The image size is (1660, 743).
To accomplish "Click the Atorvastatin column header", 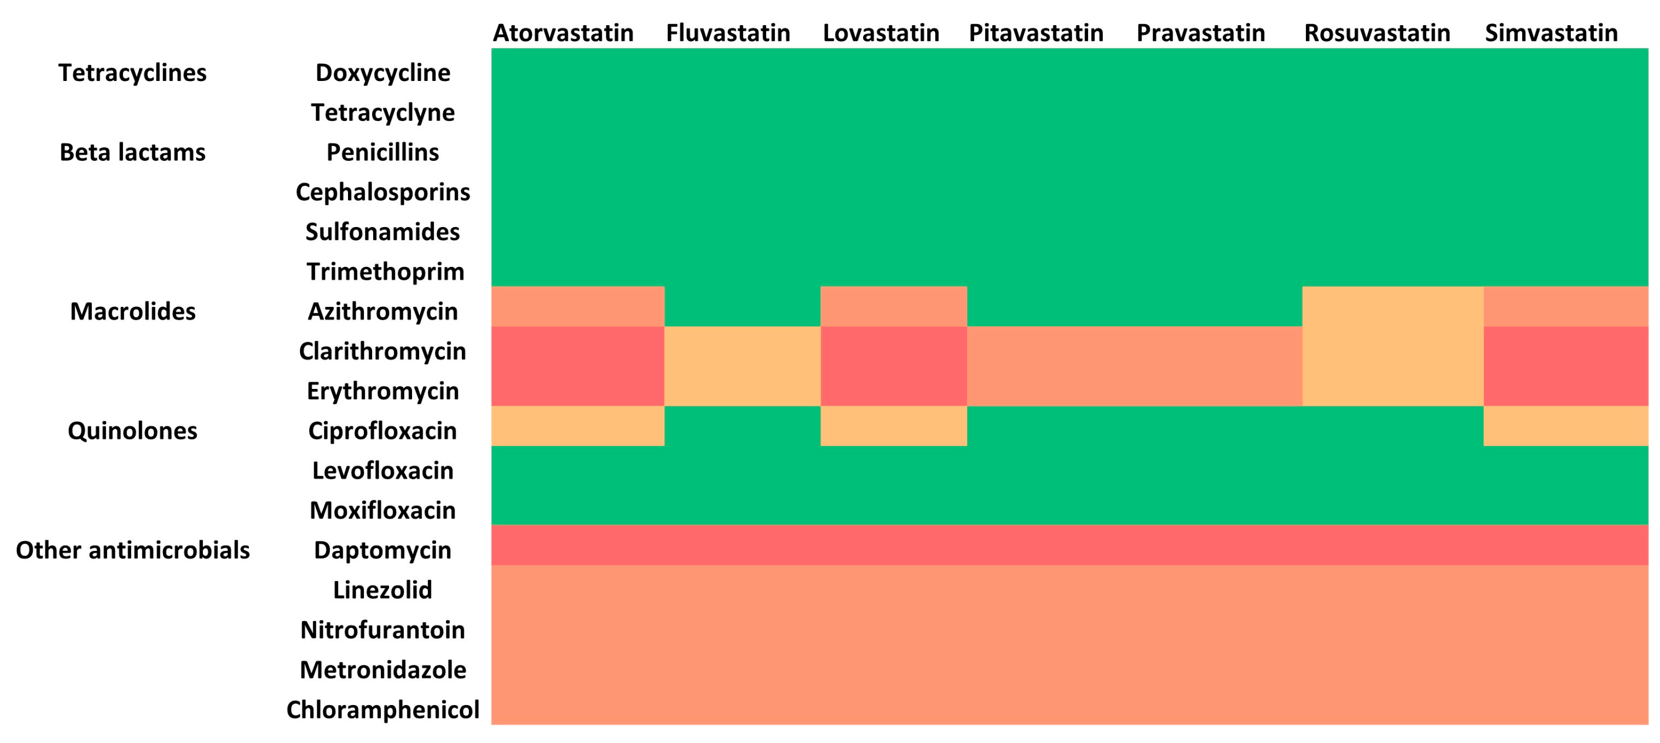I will point(563,33).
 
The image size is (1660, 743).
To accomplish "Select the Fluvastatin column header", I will point(728,33).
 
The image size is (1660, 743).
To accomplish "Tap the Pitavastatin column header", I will point(1036,33).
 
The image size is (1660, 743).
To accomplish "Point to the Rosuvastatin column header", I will point(1377,33).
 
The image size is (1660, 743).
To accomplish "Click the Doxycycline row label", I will point(383,73).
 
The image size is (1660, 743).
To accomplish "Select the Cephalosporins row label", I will point(383,192).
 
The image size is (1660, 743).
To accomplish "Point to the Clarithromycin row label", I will point(383,351).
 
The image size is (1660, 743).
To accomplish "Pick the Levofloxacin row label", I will point(383,470).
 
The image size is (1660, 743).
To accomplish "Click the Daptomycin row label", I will point(383,550).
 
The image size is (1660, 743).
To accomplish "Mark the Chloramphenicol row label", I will point(383,710).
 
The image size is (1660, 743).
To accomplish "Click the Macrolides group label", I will point(133,311).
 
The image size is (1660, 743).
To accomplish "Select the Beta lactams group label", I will point(133,152).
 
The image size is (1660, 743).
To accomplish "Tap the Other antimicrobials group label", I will point(133,550).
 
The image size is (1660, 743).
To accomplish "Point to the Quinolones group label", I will point(133,430).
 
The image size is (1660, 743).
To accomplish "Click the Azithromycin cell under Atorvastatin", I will point(578,307).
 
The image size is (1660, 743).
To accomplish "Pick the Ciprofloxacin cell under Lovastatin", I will point(893,426).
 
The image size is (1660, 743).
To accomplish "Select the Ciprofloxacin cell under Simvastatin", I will point(1565,426).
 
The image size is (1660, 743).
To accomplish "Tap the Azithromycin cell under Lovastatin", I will point(893,307).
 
